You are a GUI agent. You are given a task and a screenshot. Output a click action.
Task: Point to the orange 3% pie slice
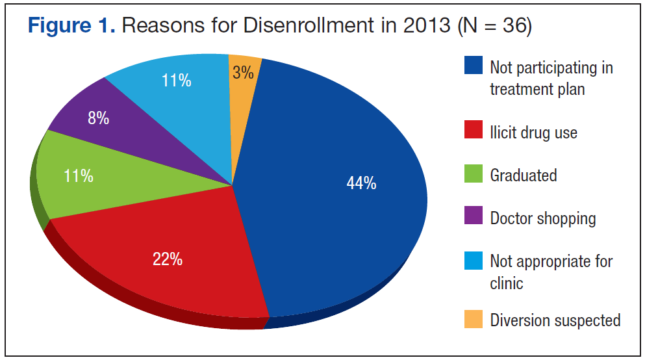246,84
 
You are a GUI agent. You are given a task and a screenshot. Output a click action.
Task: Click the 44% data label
361,184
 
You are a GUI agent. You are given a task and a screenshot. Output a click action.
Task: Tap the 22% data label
167,260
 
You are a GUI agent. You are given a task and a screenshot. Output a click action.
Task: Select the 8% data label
98,119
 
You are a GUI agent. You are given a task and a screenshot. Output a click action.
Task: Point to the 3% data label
243,73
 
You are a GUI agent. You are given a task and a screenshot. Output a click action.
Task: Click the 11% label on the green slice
79,175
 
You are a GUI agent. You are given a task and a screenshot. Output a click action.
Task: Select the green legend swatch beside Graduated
474,175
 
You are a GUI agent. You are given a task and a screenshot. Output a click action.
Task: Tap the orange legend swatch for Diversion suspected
474,320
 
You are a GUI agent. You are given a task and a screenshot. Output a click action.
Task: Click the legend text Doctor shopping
543,218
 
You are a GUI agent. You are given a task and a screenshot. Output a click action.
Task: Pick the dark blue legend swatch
474,66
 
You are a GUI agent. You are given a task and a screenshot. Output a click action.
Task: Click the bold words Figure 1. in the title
71,26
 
